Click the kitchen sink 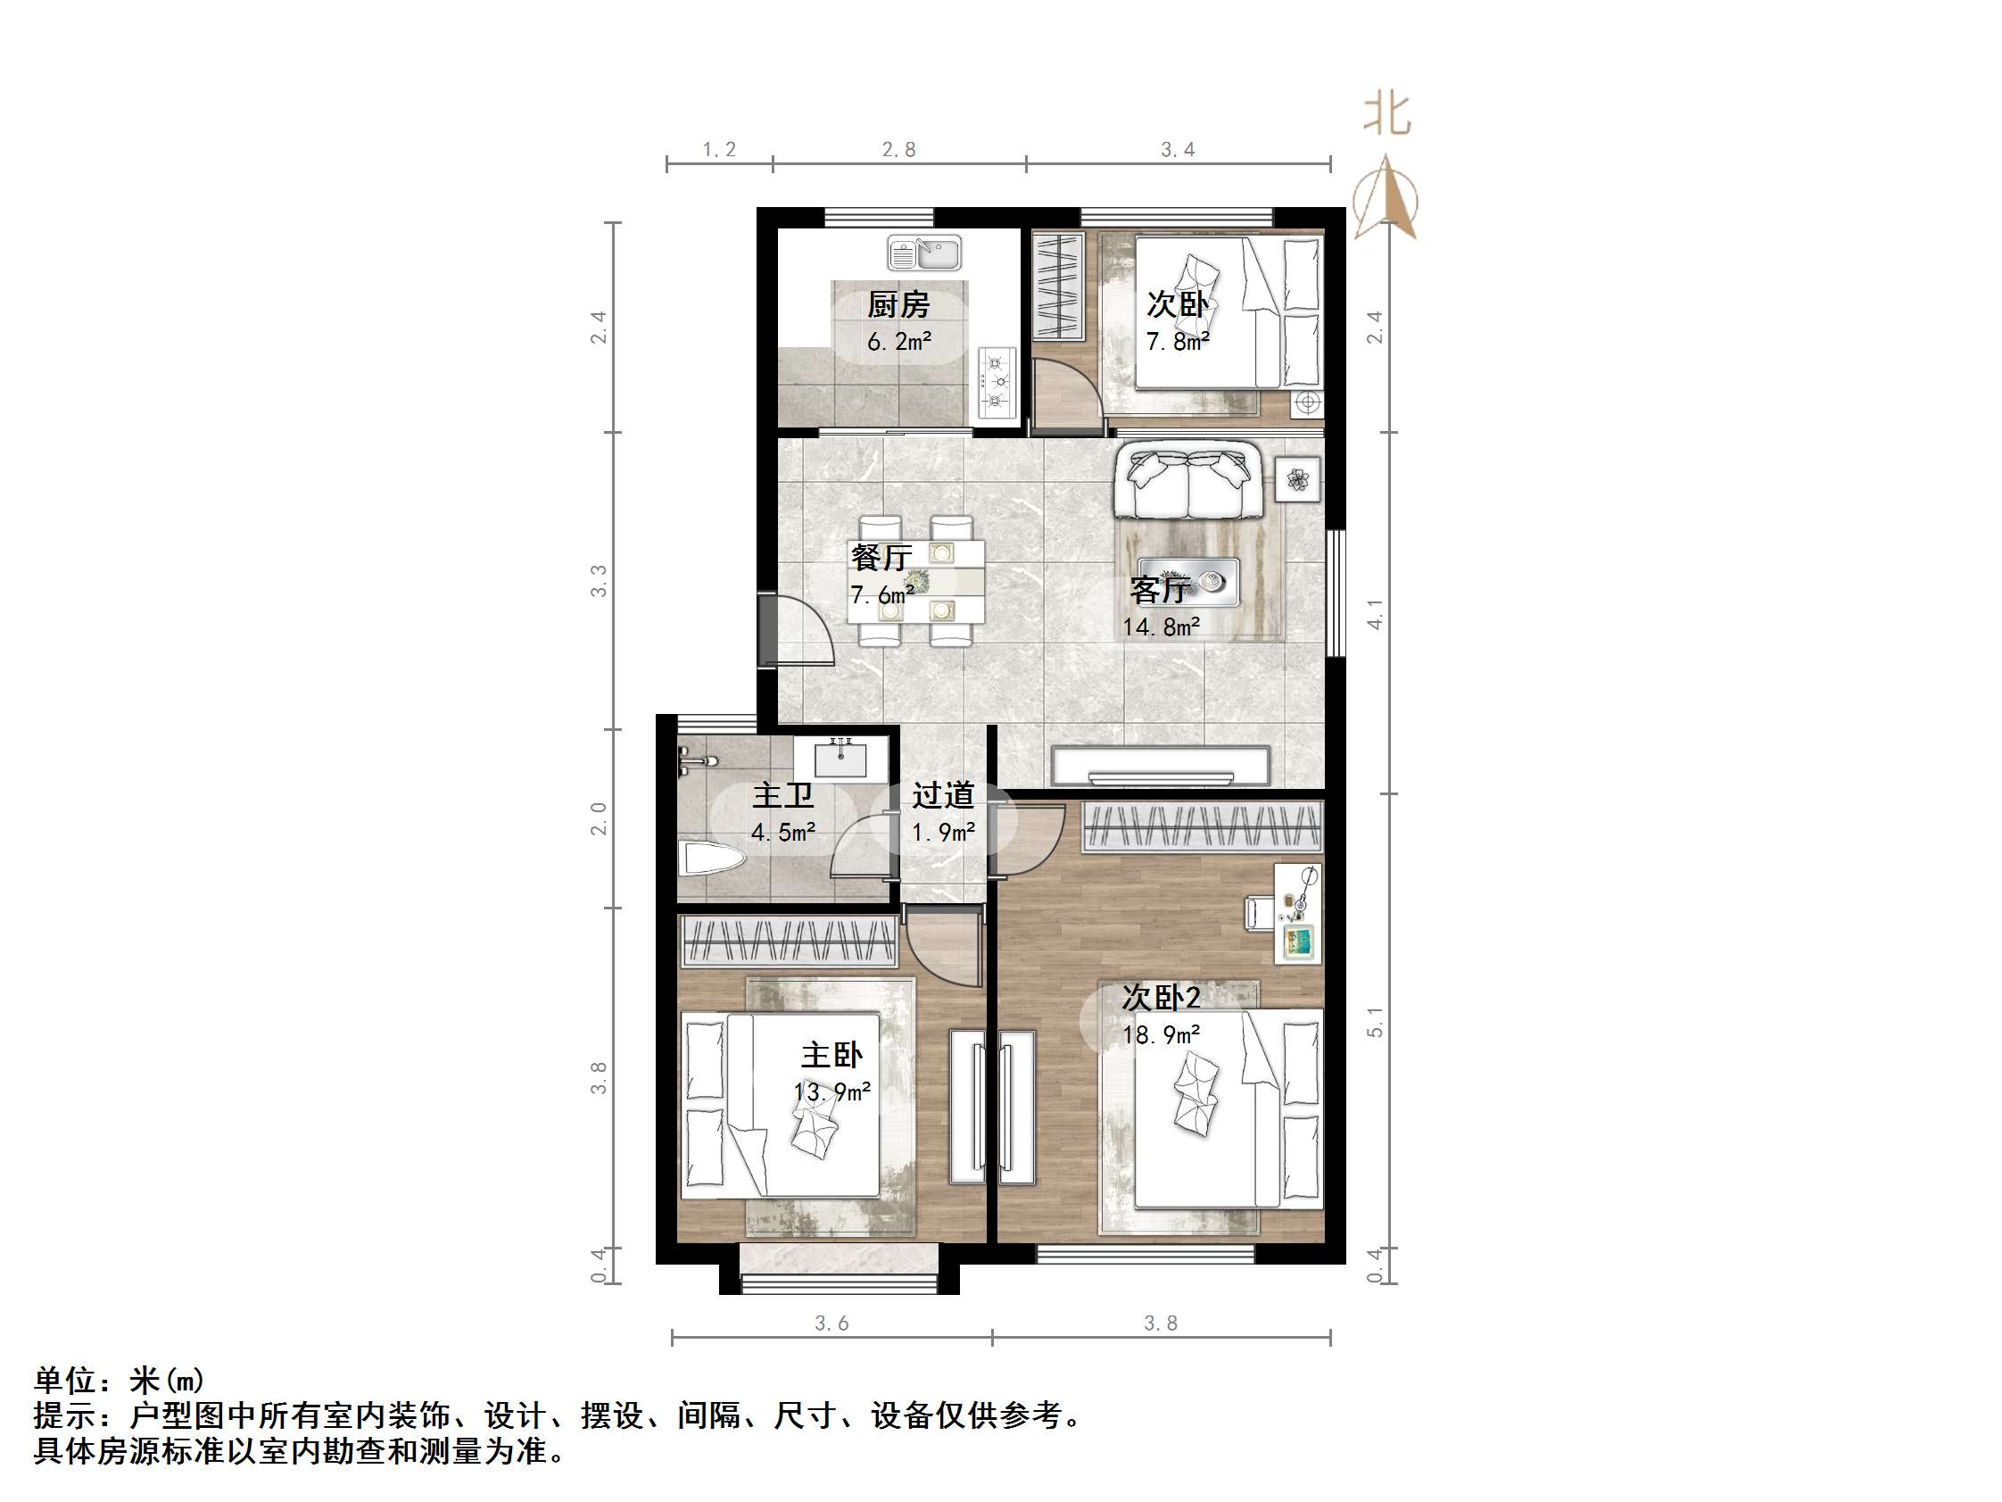coord(923,253)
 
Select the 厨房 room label coord(898,305)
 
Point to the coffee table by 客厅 coord(1188,582)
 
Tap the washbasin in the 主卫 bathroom coord(840,758)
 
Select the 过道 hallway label coord(943,796)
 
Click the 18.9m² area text coord(1162,1035)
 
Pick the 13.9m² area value coord(831,1091)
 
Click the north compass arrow coord(1386,199)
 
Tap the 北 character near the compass coord(1387,116)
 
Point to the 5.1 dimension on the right coord(1375,1021)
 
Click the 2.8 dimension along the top coord(898,150)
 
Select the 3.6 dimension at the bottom coord(831,1324)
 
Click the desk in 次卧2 coord(1298,913)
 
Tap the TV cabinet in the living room coord(1161,766)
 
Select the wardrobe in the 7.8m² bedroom coord(1059,287)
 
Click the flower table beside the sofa coord(1298,480)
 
